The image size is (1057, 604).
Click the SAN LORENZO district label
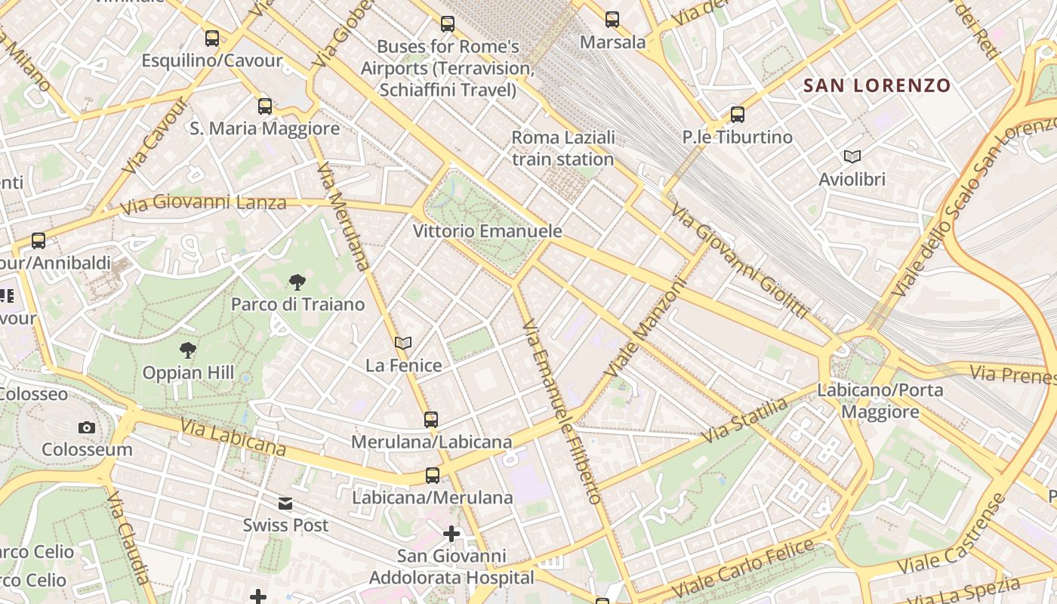pyautogui.click(x=877, y=85)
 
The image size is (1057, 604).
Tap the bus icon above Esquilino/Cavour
pyautogui.click(x=212, y=38)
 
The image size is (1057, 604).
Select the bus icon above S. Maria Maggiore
pyautogui.click(x=265, y=106)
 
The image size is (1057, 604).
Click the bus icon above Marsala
pyautogui.click(x=612, y=20)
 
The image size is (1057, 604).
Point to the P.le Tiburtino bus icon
pyautogui.click(x=738, y=115)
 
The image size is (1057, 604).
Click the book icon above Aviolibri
pyautogui.click(x=852, y=156)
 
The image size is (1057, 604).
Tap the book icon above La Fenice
pyautogui.click(x=403, y=343)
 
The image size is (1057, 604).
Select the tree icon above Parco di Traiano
pyautogui.click(x=297, y=282)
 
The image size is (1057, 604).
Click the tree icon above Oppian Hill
pyautogui.click(x=188, y=350)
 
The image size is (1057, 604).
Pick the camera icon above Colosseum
pyautogui.click(x=87, y=427)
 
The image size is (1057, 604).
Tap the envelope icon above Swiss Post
pyautogui.click(x=285, y=504)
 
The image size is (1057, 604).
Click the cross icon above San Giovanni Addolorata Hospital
pyautogui.click(x=451, y=535)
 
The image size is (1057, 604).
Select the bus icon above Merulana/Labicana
pyautogui.click(x=431, y=419)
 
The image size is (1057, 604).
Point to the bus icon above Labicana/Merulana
pyautogui.click(x=433, y=476)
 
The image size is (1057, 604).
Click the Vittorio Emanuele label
pyautogui.click(x=488, y=231)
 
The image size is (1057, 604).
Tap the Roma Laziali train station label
pyautogui.click(x=563, y=149)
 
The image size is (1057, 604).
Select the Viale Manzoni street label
pyautogui.click(x=646, y=328)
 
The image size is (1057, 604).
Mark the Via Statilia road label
pyautogui.click(x=744, y=421)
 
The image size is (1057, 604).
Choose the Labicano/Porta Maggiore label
pyautogui.click(x=880, y=401)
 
